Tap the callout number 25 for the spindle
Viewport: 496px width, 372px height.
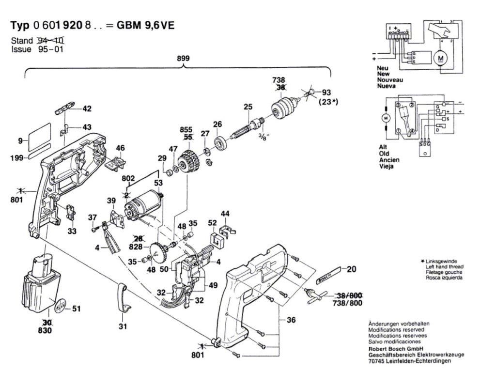click(x=248, y=107)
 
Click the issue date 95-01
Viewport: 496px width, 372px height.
click(x=50, y=49)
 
